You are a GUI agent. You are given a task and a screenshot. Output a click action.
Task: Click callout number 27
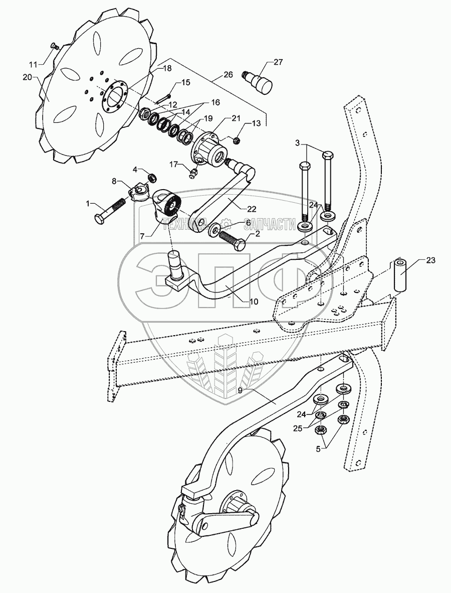click(278, 62)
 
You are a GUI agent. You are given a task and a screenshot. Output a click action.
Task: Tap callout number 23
click(431, 260)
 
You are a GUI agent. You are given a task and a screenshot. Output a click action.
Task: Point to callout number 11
click(33, 65)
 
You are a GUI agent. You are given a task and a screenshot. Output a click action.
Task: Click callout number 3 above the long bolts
click(297, 144)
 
